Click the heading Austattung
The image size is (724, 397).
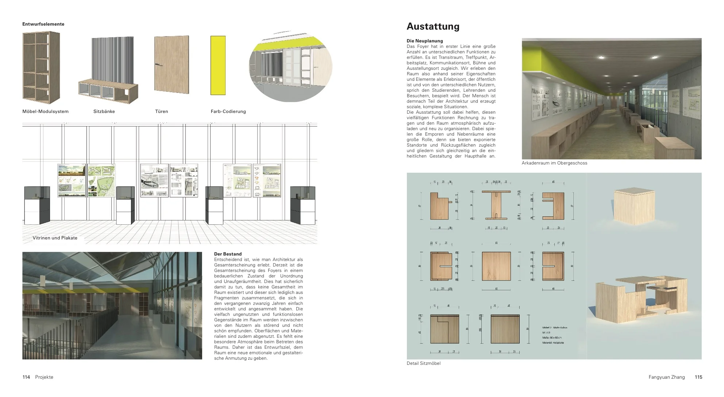tap(433, 26)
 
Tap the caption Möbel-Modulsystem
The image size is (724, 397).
tap(45, 111)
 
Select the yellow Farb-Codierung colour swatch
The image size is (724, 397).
tap(218, 70)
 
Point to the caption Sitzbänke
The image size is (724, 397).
tap(104, 111)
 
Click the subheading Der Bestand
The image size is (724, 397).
tap(228, 254)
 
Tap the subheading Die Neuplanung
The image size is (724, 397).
tap(425, 41)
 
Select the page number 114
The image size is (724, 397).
tap(26, 377)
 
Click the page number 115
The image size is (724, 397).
tap(698, 377)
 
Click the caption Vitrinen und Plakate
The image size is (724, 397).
tap(55, 238)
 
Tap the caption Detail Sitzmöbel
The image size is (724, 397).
tap(423, 363)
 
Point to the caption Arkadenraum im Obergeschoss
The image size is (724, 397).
tap(554, 163)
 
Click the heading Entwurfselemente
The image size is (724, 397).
tap(43, 24)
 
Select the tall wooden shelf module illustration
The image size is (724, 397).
tap(41, 68)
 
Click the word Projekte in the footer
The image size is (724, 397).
tap(44, 377)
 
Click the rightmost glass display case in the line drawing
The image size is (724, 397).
tap(303, 205)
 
